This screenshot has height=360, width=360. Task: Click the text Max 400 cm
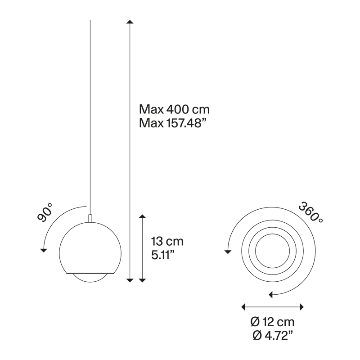174,109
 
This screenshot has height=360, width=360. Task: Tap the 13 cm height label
167,241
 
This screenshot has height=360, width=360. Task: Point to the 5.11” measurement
163,255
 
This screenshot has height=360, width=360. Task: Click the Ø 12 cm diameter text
273,322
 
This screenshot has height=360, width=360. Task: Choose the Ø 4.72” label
273,336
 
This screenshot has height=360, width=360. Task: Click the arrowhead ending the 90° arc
43,251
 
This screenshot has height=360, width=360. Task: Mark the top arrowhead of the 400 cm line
130,22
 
